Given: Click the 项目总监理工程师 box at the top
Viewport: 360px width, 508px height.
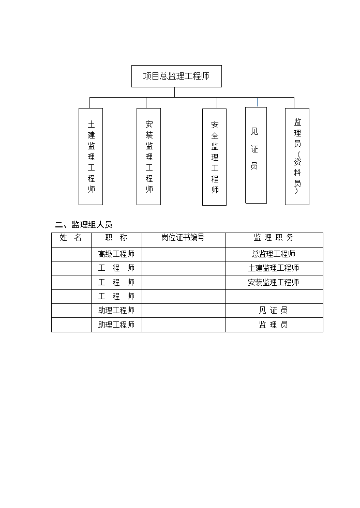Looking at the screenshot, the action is (176, 76).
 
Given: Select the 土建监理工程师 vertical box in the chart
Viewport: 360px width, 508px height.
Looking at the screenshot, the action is (91, 157).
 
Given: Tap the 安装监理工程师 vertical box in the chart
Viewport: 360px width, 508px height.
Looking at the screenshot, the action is (148, 157).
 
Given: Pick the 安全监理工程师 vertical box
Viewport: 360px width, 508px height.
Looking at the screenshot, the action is (214, 157).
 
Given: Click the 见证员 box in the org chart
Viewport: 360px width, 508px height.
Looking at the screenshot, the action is (256, 155).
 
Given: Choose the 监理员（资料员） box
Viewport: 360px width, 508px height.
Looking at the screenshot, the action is (297, 157).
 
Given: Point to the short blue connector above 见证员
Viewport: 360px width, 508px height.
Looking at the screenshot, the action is (258, 102).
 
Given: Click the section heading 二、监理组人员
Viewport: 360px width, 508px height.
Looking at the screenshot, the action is (84, 224).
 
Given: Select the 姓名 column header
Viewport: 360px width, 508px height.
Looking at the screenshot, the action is (71, 238).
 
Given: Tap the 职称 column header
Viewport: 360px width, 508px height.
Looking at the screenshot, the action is (116, 238).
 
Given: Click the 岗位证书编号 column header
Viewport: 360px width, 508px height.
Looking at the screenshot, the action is (183, 238).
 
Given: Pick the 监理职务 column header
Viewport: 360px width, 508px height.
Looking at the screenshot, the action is (274, 238).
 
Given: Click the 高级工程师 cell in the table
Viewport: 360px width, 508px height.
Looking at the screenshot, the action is (116, 254).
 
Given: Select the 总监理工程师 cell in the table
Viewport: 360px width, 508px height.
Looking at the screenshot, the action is (274, 254).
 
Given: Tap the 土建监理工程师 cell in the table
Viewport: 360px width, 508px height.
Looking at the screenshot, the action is (274, 268).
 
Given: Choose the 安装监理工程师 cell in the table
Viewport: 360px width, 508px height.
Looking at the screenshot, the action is (274, 282).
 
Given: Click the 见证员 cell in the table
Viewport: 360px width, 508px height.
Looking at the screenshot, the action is (274, 311).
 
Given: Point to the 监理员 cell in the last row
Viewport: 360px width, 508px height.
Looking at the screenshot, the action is (274, 325).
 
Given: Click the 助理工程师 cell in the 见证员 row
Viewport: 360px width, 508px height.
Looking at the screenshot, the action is (116, 311).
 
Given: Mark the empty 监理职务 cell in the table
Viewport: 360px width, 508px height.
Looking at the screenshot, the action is (274, 297).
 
